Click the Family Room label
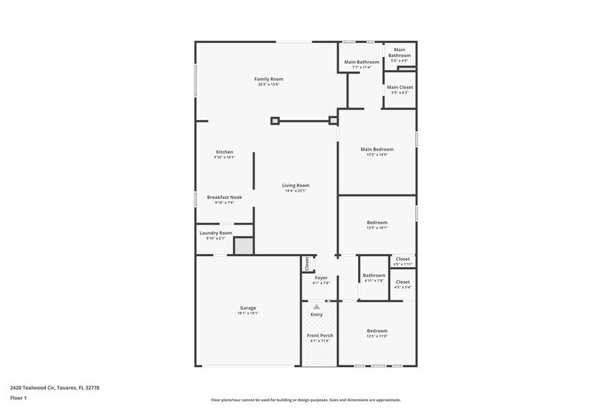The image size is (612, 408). [268, 79]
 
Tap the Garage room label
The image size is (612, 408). [248, 308]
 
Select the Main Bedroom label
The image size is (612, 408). [377, 149]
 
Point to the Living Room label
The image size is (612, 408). [296, 185]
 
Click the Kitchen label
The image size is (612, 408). [224, 152]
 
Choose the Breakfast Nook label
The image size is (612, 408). [224, 197]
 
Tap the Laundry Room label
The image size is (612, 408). [215, 233]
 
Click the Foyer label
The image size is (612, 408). [321, 278]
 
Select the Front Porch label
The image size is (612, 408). [320, 336]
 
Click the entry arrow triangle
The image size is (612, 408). [316, 306]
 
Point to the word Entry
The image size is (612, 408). [316, 315]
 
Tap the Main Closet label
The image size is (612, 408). [400, 87]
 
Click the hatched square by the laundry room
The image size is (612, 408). [243, 246]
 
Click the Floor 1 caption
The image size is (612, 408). [18, 398]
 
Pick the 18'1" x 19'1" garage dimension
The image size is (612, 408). [248, 313]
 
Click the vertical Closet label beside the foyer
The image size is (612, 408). [307, 264]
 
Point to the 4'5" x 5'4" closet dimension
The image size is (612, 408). [402, 287]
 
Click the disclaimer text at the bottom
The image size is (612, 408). [305, 400]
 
